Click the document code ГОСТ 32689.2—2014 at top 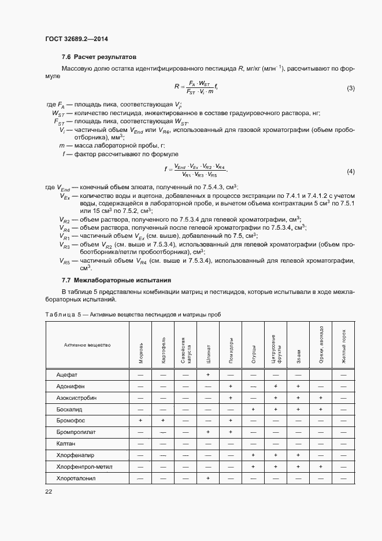pos(76,39)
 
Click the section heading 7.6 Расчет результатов pos(98,57)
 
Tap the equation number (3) pos(350,88)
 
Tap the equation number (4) pos(350,171)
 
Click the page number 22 pos(49,491)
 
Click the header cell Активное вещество pos(87,345)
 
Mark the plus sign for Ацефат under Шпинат pos(208,375)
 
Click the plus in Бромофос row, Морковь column pos(140,421)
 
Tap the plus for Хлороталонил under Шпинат pos(208,479)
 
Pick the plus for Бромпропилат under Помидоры pos(231,432)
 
